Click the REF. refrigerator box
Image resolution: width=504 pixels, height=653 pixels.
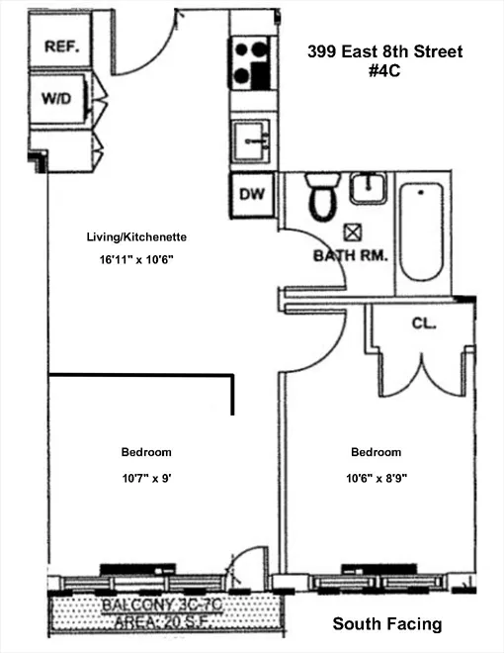click(59, 46)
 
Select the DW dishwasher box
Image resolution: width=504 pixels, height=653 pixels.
click(251, 195)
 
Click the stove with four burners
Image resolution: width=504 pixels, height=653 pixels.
click(251, 63)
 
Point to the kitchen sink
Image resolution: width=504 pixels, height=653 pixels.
click(251, 140)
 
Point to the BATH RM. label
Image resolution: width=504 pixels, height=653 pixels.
click(351, 254)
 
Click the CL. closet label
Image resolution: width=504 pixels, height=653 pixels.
click(424, 324)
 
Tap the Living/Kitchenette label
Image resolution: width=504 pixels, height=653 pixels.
click(135, 237)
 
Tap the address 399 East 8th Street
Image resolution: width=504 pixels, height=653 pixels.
click(383, 50)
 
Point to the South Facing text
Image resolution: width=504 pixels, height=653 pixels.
click(386, 624)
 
